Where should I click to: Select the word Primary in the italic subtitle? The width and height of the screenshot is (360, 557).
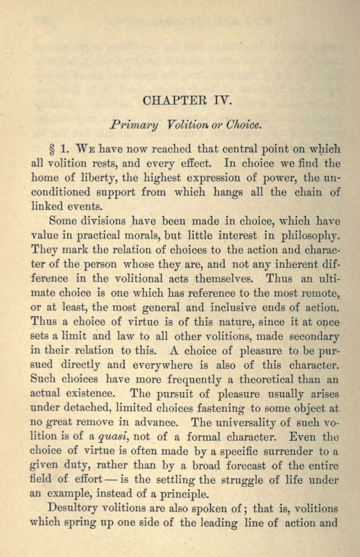click(134, 125)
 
